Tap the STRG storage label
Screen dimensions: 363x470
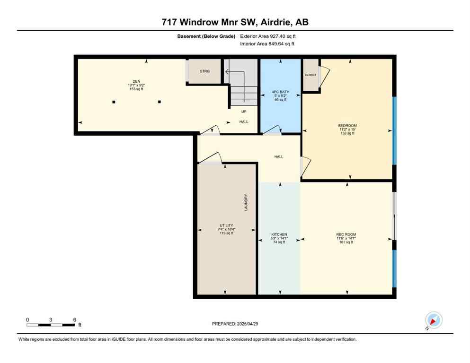point(204,71)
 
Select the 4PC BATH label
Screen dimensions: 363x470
point(281,92)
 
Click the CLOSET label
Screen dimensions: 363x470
point(310,75)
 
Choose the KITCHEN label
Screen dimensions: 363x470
point(279,234)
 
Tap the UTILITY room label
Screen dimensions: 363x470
point(226,226)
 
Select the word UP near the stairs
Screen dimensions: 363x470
point(244,112)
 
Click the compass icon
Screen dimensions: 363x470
point(433,320)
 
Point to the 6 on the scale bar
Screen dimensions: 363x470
point(75,320)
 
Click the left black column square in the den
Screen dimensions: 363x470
point(114,102)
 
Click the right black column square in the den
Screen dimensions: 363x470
point(160,102)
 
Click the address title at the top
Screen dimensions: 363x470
point(235,22)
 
